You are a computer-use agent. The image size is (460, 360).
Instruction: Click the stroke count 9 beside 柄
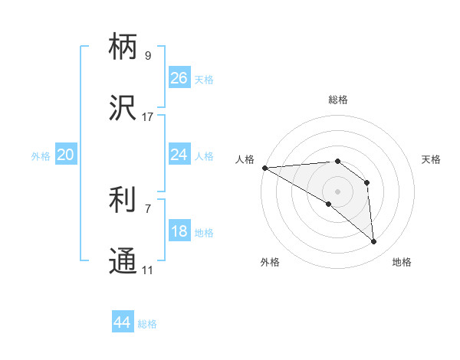point(148,56)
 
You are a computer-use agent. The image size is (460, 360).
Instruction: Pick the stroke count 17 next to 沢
point(148,117)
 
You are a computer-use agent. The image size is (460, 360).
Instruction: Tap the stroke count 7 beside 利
point(148,208)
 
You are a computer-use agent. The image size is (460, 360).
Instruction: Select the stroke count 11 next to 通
point(148,270)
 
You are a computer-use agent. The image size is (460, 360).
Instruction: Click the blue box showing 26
point(179,78)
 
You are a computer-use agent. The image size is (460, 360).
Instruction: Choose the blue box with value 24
point(179,155)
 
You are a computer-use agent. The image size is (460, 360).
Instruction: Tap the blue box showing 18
point(179,231)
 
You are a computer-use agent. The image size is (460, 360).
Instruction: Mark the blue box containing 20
point(66,155)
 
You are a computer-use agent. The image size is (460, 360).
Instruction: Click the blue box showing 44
point(123,322)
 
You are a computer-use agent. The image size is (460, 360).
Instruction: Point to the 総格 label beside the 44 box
point(148,324)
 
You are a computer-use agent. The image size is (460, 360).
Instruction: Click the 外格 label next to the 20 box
point(41,156)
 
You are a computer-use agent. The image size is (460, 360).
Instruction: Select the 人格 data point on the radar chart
point(264,168)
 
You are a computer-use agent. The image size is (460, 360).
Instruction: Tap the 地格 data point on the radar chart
point(374,242)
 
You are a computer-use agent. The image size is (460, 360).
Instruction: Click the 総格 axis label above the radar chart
point(338,100)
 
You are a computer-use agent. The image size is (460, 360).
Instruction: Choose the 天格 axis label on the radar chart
point(432,159)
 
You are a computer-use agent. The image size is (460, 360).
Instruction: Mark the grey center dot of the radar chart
point(338,191)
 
